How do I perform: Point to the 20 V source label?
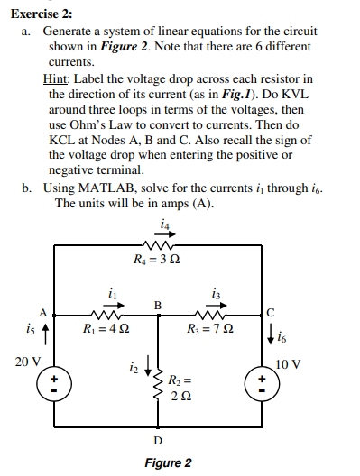(x=28, y=361)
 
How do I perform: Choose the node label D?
(x=159, y=439)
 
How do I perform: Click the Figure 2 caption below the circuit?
(x=168, y=462)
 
